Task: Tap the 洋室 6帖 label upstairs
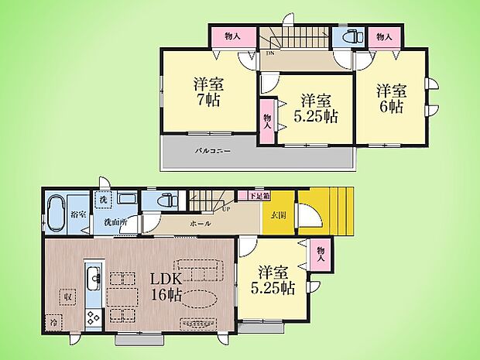click(390, 98)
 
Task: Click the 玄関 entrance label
click(278, 215)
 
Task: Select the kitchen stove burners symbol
click(92, 317)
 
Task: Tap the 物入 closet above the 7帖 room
click(232, 36)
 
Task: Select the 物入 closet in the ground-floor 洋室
click(321, 254)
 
